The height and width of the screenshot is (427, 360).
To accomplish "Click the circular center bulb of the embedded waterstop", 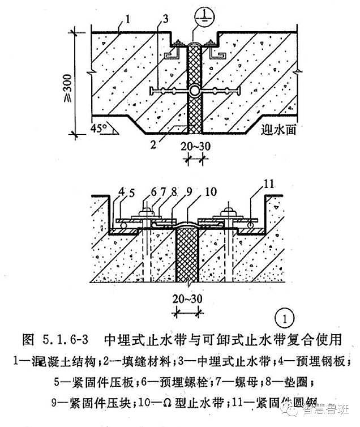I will point(194,91).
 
